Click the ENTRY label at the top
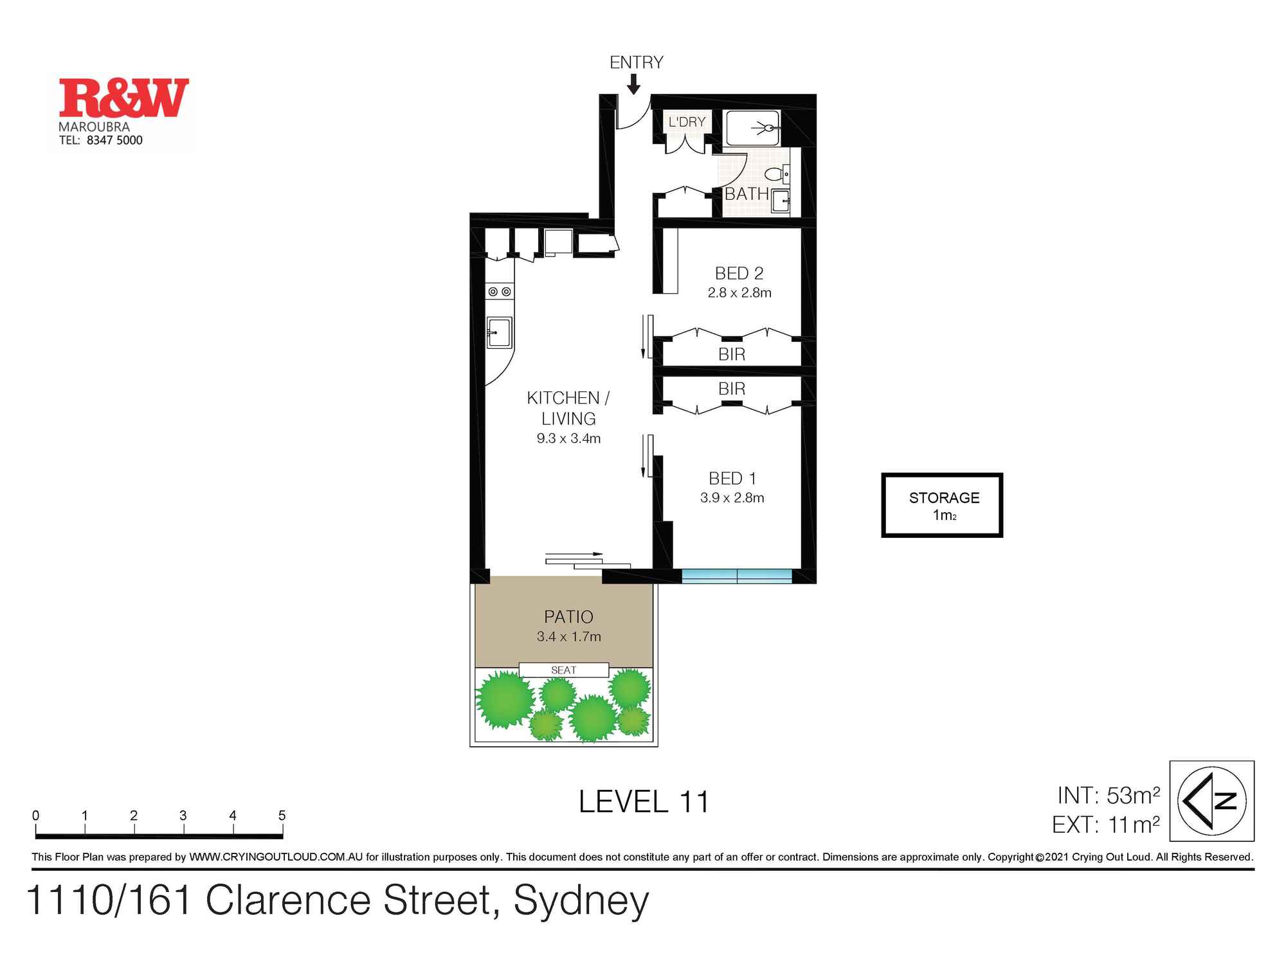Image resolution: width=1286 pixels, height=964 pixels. pyautogui.click(x=636, y=62)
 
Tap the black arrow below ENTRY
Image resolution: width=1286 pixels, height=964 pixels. pyautogui.click(x=634, y=84)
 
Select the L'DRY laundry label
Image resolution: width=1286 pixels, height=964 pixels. pyautogui.click(x=687, y=122)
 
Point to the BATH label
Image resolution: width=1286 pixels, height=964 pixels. pyautogui.click(x=746, y=193)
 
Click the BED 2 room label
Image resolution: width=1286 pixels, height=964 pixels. pyautogui.click(x=739, y=273)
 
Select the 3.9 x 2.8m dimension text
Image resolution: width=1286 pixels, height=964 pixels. pyautogui.click(x=732, y=497)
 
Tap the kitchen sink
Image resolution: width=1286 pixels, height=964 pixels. pyautogui.click(x=499, y=333)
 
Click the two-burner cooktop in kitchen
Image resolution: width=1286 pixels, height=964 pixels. pyautogui.click(x=500, y=292)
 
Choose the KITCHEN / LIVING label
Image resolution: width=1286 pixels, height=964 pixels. pyautogui.click(x=568, y=408)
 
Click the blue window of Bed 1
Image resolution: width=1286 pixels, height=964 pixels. pyautogui.click(x=736, y=576)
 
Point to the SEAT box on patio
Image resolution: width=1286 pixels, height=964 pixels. pyautogui.click(x=563, y=670)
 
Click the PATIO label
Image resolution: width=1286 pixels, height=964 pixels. pyautogui.click(x=568, y=617)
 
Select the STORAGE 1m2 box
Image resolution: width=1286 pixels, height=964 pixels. pyautogui.click(x=942, y=505)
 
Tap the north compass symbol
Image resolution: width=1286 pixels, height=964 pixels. pyautogui.click(x=1211, y=801)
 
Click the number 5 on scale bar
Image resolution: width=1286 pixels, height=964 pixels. pyautogui.click(x=282, y=816)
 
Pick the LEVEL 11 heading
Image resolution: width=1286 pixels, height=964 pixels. pyautogui.click(x=643, y=802)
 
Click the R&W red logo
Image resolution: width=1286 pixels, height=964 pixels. pyautogui.click(x=123, y=98)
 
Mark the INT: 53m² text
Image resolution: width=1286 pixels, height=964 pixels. pyautogui.click(x=1108, y=796)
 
